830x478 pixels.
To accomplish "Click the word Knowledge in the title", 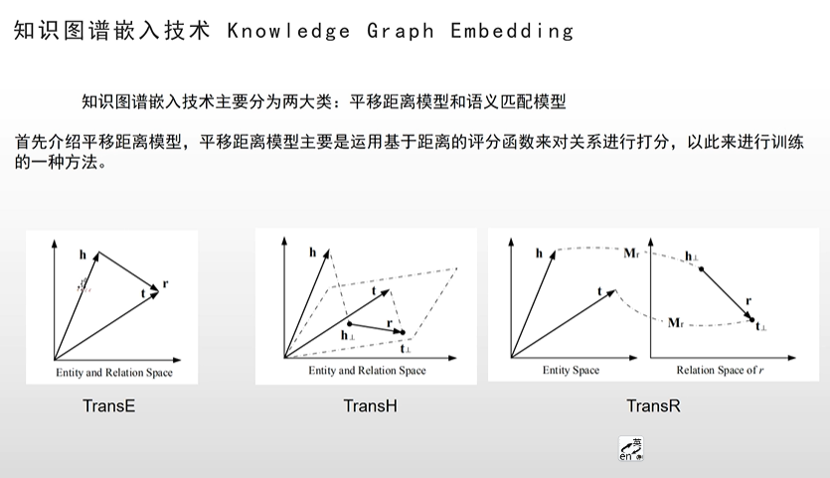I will tap(288, 31).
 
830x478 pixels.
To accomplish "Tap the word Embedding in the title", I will tap(512, 31).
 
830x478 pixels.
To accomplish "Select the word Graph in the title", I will tap(401, 31).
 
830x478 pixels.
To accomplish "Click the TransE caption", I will tap(109, 405).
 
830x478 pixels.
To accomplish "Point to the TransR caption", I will tap(653, 405).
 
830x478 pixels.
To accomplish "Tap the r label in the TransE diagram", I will tap(164, 284).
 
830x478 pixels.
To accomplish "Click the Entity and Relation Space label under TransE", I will tap(113, 373).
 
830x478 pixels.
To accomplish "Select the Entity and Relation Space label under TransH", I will tap(367, 371).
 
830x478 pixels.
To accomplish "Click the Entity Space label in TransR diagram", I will tap(571, 371).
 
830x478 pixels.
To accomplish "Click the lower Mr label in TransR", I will tap(676, 322).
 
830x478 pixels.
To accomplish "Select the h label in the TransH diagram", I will tap(312, 253).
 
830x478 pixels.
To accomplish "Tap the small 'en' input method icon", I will tap(630, 450).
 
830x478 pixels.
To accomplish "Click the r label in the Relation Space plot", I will tap(748, 298).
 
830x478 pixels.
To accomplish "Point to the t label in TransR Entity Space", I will tap(599, 290).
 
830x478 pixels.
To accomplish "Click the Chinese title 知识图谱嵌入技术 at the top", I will tap(111, 31).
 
